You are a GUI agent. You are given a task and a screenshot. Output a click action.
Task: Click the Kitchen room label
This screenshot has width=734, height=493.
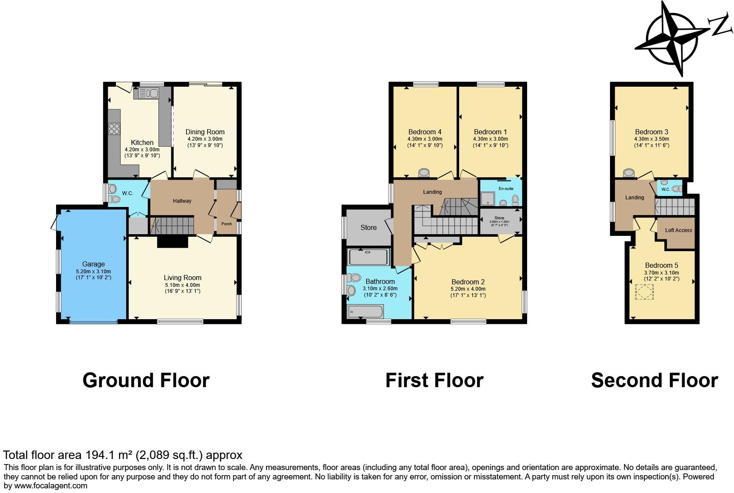click(142, 142)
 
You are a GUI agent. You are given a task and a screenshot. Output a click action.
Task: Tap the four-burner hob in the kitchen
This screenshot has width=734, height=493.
click(114, 128)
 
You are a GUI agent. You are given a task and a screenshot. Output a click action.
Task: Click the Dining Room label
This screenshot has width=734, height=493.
click(205, 132)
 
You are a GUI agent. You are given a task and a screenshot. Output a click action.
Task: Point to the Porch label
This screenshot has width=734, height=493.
click(226, 224)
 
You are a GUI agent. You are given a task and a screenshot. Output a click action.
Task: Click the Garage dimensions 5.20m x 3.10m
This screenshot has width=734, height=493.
click(93, 272)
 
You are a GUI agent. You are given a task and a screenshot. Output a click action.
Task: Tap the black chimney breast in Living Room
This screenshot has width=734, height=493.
click(172, 241)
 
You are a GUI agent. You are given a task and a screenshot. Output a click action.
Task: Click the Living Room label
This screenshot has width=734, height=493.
click(183, 278)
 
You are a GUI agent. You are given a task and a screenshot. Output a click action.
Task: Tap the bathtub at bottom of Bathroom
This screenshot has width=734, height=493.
click(364, 312)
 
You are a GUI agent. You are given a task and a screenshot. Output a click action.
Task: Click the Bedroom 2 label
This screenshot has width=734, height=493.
click(468, 282)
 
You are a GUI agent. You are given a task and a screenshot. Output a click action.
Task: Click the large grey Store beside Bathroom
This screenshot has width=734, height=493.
click(368, 227)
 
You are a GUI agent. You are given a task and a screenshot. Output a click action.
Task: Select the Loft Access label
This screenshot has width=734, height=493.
click(678, 230)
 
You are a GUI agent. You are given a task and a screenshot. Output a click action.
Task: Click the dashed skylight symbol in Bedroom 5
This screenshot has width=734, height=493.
click(644, 292)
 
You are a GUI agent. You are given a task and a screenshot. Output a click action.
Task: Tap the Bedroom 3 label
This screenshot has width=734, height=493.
click(652, 132)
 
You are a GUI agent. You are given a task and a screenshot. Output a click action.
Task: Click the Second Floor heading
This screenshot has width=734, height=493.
click(654, 380)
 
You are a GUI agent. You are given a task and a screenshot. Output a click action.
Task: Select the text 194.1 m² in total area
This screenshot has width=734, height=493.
click(108, 455)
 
